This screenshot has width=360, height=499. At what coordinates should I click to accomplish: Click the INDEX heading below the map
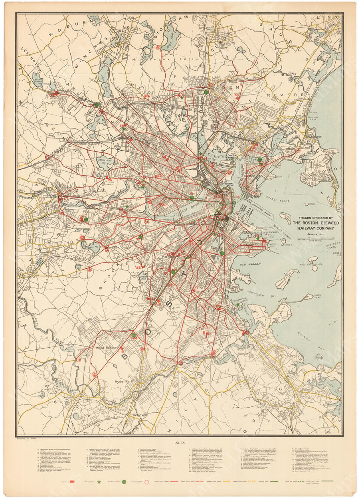point(179,442)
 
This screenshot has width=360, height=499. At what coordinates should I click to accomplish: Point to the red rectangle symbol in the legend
point(74,482)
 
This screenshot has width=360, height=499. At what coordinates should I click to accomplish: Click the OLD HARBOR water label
point(250,264)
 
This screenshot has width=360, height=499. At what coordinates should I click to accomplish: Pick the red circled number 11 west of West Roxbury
point(79,360)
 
